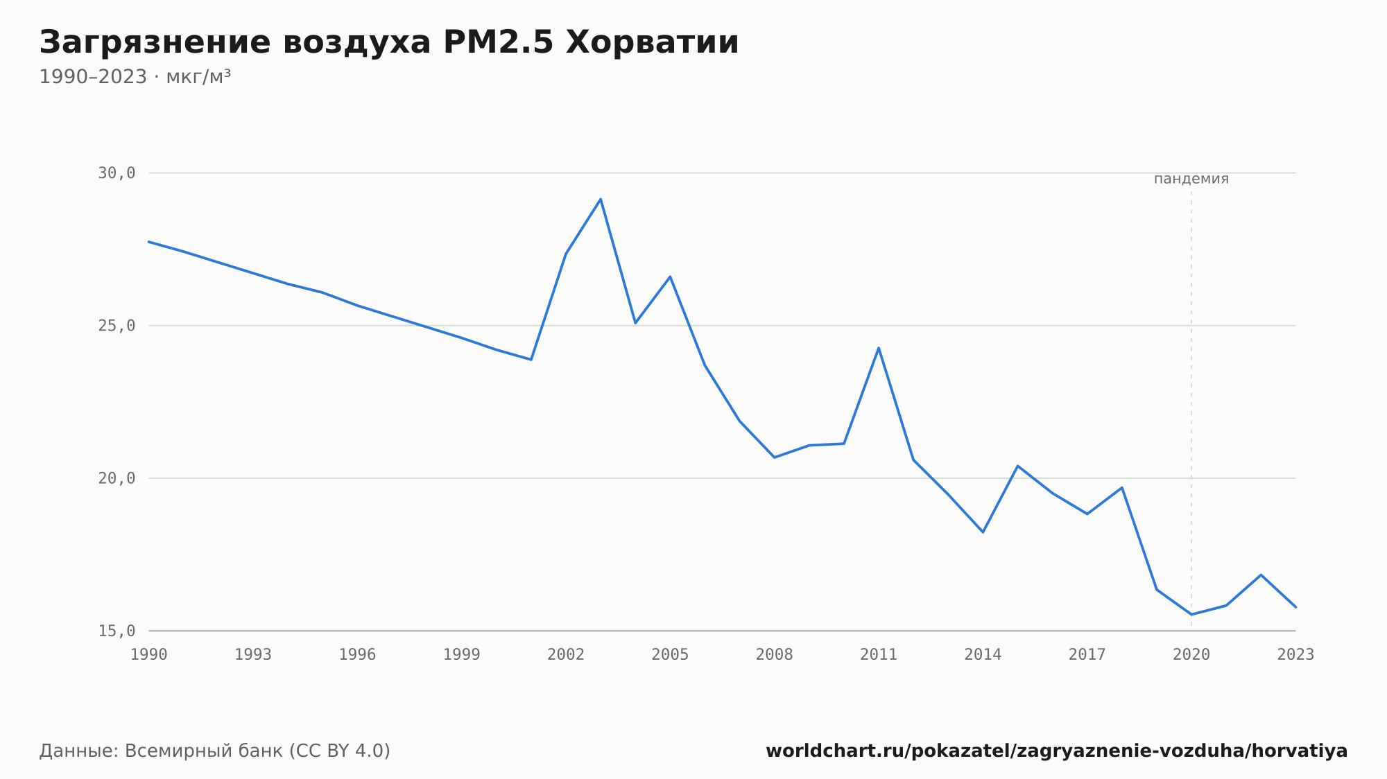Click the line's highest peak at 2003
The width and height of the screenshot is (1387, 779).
tap(601, 199)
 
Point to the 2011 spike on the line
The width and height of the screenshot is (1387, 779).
tap(879, 348)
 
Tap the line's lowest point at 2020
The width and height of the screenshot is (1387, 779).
tap(1191, 614)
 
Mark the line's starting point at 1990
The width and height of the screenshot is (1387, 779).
tap(149, 242)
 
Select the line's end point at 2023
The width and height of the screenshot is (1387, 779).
tap(1295, 607)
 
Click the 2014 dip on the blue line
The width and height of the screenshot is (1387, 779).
tap(983, 532)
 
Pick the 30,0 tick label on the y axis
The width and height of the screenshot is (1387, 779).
tap(117, 173)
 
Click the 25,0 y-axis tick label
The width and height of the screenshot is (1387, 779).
tap(117, 326)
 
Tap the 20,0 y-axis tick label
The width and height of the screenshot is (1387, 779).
tap(117, 478)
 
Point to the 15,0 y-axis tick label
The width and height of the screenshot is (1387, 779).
tap(117, 631)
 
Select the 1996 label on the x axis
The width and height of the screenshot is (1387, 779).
tap(357, 655)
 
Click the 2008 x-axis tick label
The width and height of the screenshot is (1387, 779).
tap(775, 655)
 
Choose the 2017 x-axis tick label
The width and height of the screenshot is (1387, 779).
tap(1087, 655)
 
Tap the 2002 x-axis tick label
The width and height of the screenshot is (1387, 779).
tap(566, 655)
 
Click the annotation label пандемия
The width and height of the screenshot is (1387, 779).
tap(1191, 179)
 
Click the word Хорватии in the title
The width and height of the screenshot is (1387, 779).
tap(653, 42)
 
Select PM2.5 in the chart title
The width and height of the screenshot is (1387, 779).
tap(498, 42)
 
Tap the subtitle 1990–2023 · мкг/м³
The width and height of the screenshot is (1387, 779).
tap(135, 77)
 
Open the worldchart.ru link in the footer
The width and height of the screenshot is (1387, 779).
tap(1057, 751)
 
